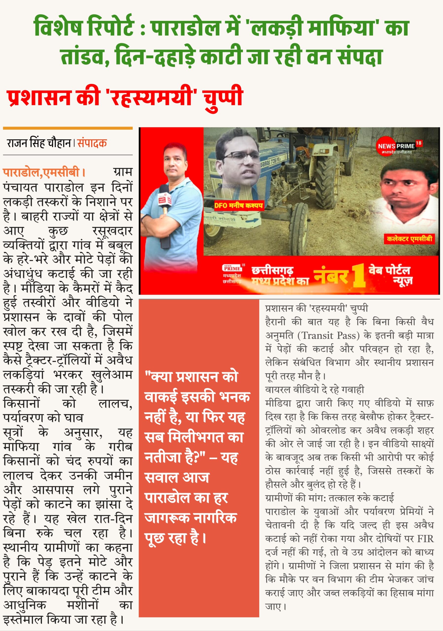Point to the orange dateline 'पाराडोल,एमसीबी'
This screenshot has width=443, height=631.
(x=41, y=173)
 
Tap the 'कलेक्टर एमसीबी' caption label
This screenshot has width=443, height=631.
(x=409, y=239)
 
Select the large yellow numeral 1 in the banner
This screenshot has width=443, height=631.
(x=359, y=276)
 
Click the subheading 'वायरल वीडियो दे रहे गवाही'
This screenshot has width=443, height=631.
(x=314, y=390)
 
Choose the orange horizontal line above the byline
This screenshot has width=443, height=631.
(x=68, y=128)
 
